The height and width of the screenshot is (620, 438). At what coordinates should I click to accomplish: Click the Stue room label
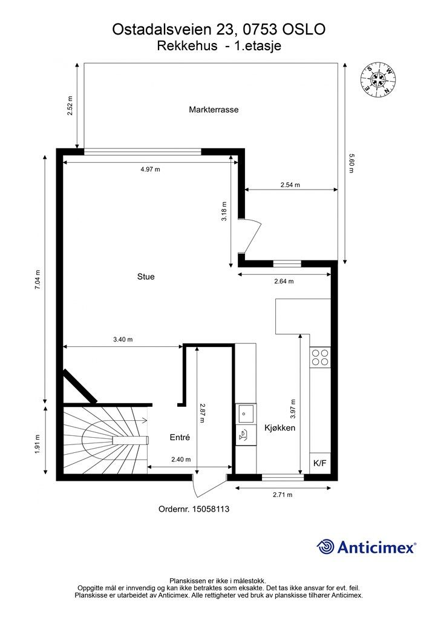pyautogui.click(x=146, y=276)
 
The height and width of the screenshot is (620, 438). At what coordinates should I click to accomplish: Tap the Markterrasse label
pyautogui.click(x=214, y=110)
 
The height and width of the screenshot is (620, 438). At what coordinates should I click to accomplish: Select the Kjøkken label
pyautogui.click(x=279, y=427)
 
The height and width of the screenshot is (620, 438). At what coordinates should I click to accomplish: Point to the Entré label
pyautogui.click(x=180, y=437)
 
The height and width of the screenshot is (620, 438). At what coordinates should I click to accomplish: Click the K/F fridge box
pyautogui.click(x=320, y=463)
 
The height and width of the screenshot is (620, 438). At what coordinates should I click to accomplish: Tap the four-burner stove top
pyautogui.click(x=320, y=357)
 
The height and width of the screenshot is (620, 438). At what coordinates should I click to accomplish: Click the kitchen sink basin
pyautogui.click(x=246, y=414)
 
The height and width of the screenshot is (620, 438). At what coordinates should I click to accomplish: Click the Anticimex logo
pyautogui.click(x=366, y=547)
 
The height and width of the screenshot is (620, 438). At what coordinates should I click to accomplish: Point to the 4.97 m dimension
pyautogui.click(x=151, y=170)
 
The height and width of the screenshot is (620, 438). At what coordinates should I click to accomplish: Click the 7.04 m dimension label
pyautogui.click(x=38, y=280)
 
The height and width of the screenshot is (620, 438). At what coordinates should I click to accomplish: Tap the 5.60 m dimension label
pyautogui.click(x=351, y=163)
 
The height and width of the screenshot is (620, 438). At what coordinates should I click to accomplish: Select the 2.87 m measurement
pyautogui.click(x=202, y=413)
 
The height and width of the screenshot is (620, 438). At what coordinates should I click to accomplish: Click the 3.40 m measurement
pyautogui.click(x=123, y=339)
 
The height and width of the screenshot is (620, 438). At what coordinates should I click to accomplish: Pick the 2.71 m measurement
pyautogui.click(x=283, y=494)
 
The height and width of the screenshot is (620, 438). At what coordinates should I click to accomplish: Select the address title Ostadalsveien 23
pyautogui.click(x=176, y=29)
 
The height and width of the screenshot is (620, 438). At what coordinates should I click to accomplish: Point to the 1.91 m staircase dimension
pyautogui.click(x=38, y=444)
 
